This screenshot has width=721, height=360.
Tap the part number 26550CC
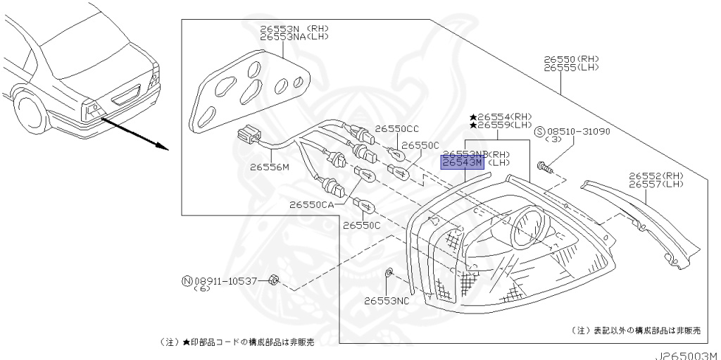pyautogui.click(x=396, y=130)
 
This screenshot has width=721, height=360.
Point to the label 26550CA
pyautogui.click(x=312, y=205)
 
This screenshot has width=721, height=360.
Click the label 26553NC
pyautogui.click(x=387, y=301)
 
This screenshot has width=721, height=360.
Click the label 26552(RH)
pyautogui.click(x=657, y=175)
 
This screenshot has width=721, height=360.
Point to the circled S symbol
pyautogui.click(x=540, y=132)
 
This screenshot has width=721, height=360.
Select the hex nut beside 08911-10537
pyautogui.click(x=276, y=282)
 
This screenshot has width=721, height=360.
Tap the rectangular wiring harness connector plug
pyautogui.click(x=249, y=134)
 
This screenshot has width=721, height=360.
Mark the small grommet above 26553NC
pyautogui.click(x=389, y=272)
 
